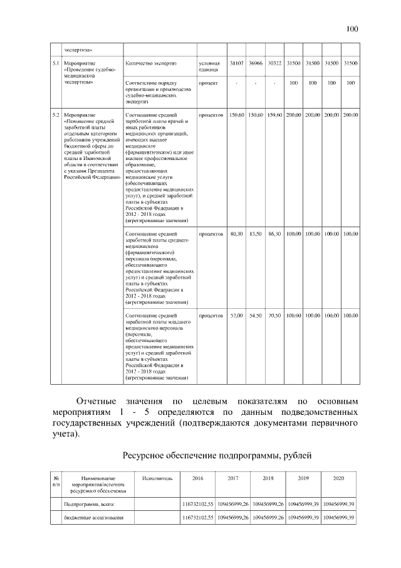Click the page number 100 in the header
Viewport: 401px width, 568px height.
coord(352,28)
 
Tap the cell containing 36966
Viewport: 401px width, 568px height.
coord(256,63)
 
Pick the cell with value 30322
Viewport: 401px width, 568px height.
coord(274,63)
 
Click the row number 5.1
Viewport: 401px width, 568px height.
coord(55,63)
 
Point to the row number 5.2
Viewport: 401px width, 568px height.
coord(55,115)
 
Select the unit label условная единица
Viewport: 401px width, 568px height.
coord(209,67)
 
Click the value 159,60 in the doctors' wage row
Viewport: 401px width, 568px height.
coord(274,115)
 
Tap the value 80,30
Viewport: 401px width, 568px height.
coord(237,234)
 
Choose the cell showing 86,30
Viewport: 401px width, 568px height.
coord(274,234)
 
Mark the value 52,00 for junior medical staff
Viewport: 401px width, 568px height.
coord(237,315)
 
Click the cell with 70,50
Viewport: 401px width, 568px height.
coord(274,315)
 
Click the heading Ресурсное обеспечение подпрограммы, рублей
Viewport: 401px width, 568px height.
coord(217,455)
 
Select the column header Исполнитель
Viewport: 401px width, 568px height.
coord(157,478)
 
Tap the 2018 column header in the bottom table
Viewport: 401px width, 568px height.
coord(268,478)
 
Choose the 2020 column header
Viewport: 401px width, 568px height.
coord(339,478)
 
